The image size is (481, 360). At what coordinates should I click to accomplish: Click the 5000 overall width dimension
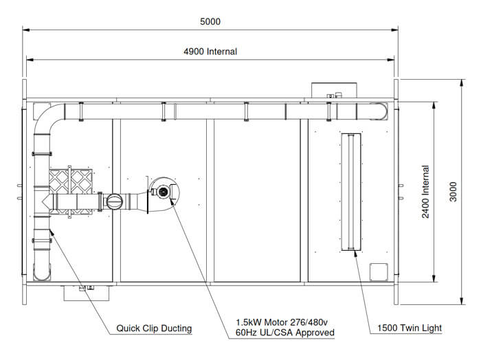click(210, 21)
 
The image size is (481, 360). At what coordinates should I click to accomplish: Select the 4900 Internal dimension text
click(210, 52)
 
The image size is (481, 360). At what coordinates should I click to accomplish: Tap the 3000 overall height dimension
click(453, 192)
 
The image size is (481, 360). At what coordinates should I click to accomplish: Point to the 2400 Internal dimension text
click(425, 192)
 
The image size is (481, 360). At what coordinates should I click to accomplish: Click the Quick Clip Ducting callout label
click(154, 328)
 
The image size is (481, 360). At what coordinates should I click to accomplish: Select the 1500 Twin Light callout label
click(410, 328)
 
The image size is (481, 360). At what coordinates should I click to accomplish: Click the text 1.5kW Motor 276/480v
click(281, 322)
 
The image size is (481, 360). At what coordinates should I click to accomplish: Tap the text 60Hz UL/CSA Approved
click(284, 333)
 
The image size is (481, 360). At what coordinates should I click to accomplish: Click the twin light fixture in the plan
click(351, 192)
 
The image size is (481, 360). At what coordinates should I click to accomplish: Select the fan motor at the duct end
click(164, 192)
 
